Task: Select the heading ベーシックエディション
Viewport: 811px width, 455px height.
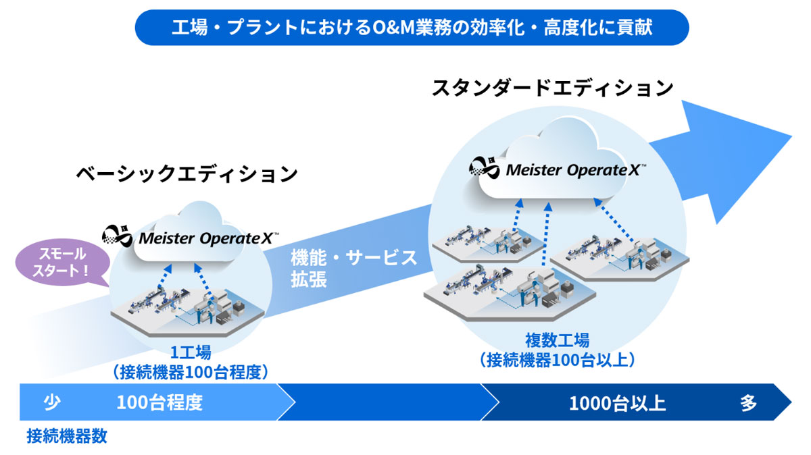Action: [x=187, y=174]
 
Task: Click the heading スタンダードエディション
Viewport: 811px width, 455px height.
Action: [x=552, y=88]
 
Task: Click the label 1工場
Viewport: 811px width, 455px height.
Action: [x=191, y=351]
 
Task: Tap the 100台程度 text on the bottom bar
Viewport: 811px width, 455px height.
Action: [x=159, y=403]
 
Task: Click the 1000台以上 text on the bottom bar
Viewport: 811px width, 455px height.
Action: [x=617, y=404]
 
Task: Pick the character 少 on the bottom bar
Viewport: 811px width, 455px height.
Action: [x=52, y=403]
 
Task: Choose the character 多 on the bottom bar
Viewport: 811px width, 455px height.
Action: [x=748, y=404]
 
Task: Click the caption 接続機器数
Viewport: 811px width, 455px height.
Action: [x=66, y=435]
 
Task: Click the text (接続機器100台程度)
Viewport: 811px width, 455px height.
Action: [x=191, y=371]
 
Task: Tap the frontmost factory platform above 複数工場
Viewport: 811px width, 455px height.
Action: [x=512, y=291]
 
